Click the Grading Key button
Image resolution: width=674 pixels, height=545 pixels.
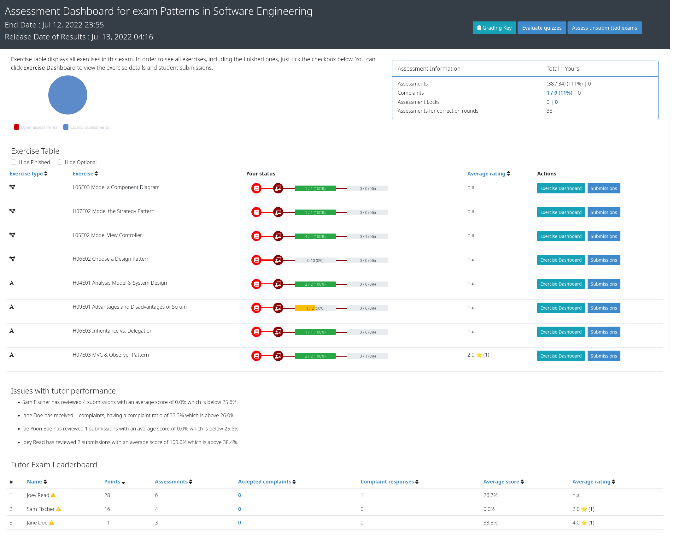pyautogui.click(x=494, y=28)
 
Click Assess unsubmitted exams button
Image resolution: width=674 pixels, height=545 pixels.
pyautogui.click(x=604, y=28)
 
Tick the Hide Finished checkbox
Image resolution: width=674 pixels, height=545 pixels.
pyautogui.click(x=14, y=162)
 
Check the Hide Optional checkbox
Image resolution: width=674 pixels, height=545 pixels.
pyautogui.click(x=60, y=162)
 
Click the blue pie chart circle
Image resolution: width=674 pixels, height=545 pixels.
pyautogui.click(x=68, y=95)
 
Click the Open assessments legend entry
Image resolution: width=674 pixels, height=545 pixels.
pyautogui.click(x=36, y=127)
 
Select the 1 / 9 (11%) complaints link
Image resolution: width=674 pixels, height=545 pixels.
pyautogui.click(x=559, y=93)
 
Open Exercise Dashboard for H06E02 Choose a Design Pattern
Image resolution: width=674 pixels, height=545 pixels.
pyautogui.click(x=561, y=260)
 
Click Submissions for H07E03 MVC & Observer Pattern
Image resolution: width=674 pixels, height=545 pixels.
pyautogui.click(x=604, y=356)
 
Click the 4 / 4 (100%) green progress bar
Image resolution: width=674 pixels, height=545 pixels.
pyautogui.click(x=315, y=236)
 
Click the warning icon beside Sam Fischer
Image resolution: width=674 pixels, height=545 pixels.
pyautogui.click(x=59, y=509)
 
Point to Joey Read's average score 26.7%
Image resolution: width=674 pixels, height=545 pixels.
pyautogui.click(x=490, y=495)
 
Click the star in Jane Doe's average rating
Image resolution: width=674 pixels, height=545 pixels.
pyautogui.click(x=584, y=523)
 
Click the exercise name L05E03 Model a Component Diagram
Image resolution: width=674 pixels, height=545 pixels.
pyautogui.click(x=116, y=187)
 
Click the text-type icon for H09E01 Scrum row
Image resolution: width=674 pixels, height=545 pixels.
pyautogui.click(x=12, y=307)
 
